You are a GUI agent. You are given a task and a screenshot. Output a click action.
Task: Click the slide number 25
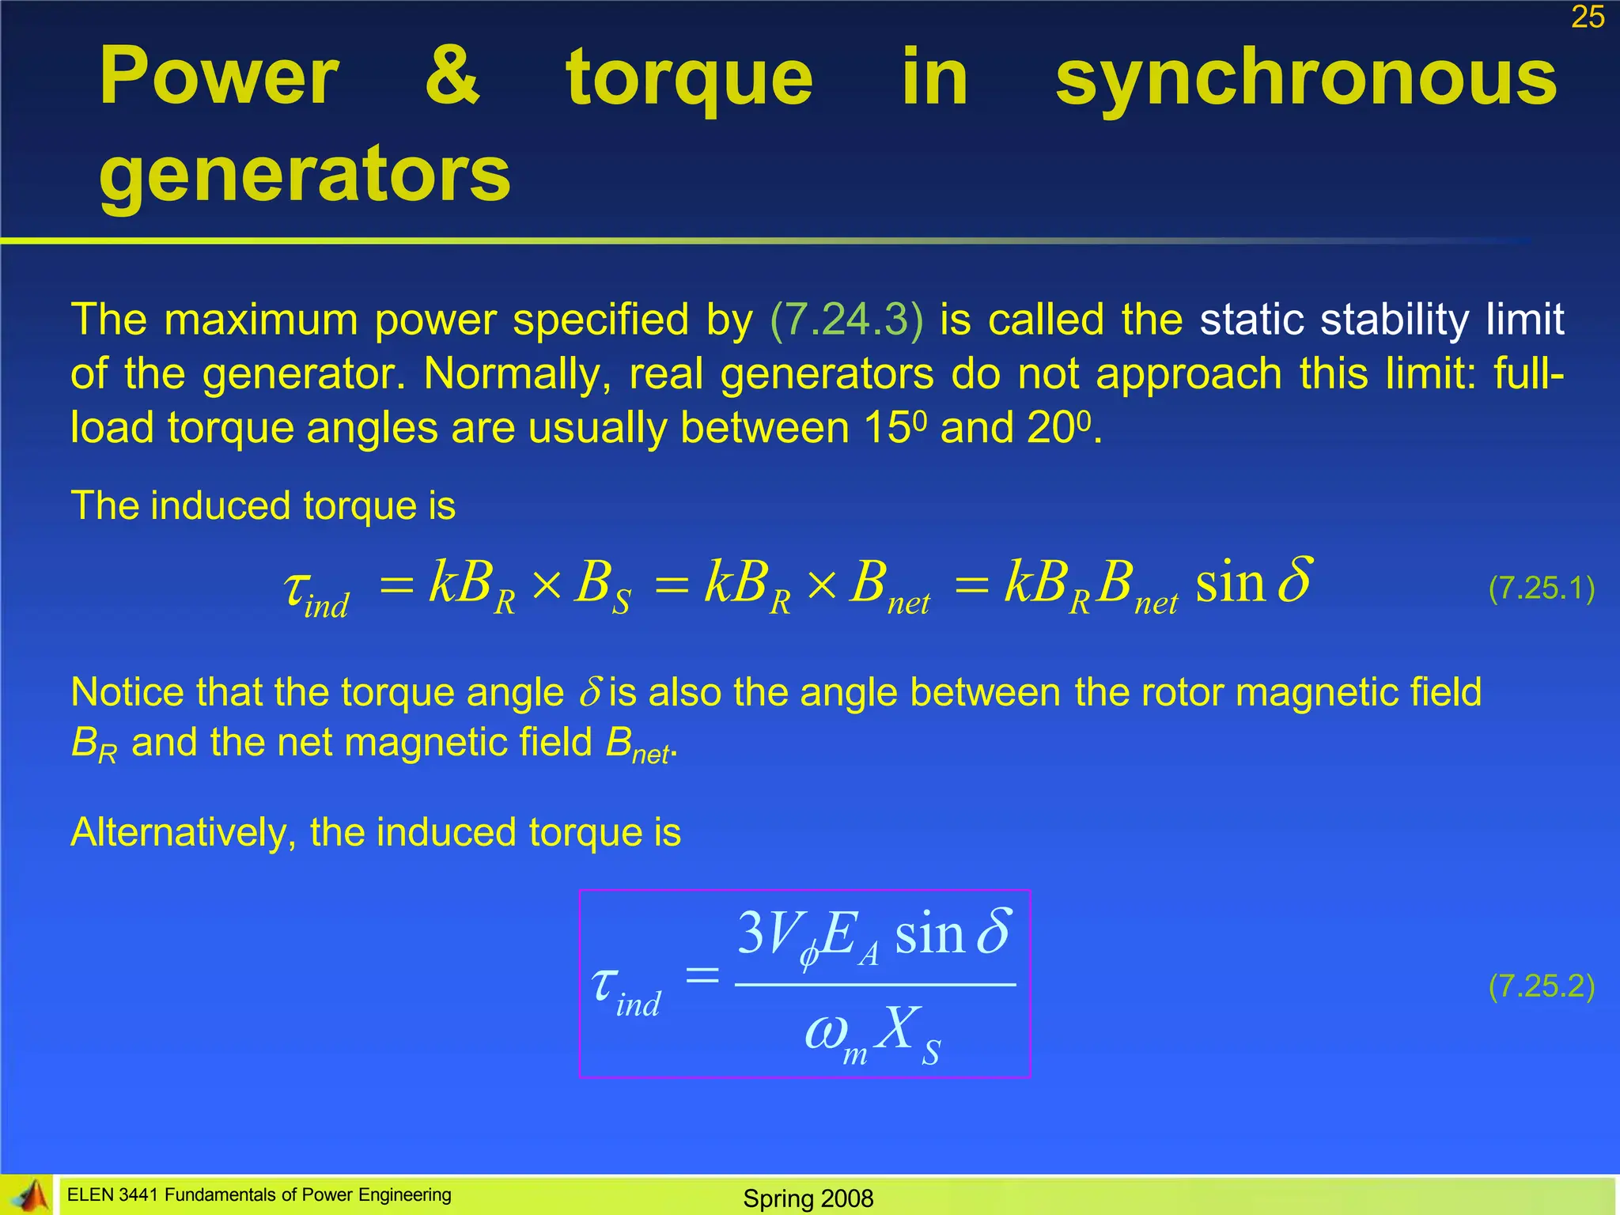point(1588,17)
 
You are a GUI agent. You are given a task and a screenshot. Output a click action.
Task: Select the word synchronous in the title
point(1306,78)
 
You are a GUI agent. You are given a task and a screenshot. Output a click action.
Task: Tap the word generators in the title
point(305,174)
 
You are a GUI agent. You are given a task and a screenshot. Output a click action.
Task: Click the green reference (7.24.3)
point(846,320)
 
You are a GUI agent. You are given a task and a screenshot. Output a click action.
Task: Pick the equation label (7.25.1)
point(1541,588)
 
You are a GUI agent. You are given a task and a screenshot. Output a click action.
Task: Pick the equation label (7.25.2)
point(1541,986)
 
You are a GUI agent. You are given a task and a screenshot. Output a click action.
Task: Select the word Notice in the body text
point(127,692)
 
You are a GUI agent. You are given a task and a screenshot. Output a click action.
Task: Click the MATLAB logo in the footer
point(29,1195)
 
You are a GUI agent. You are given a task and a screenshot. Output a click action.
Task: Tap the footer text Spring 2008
point(808,1198)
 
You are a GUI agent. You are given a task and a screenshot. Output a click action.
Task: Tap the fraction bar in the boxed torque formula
point(875,985)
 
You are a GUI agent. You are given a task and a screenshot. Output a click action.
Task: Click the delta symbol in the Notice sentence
point(591,691)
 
